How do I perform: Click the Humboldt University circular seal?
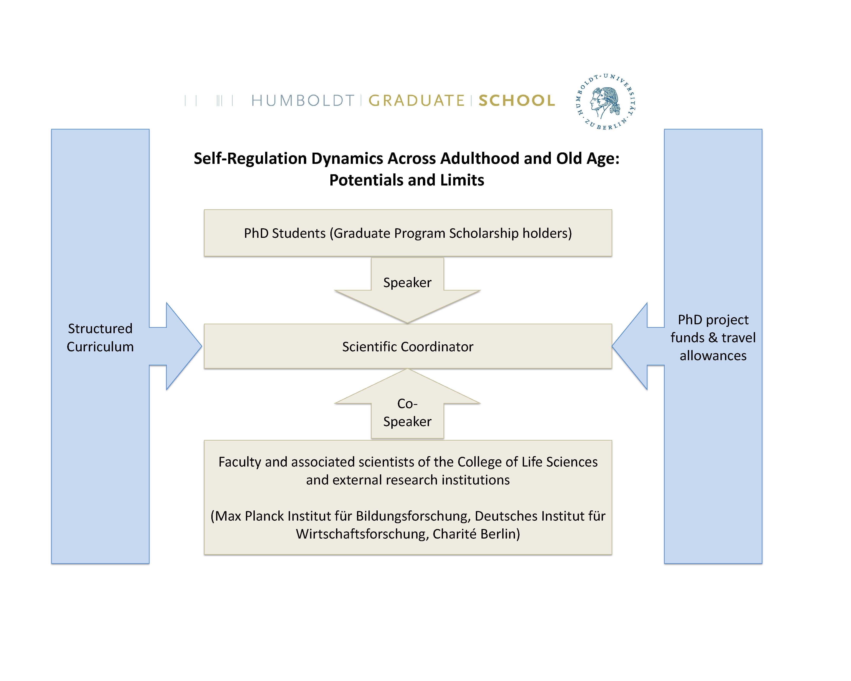(x=605, y=102)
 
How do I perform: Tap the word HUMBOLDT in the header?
(x=303, y=101)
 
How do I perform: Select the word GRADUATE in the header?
(x=416, y=101)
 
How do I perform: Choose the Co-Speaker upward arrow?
(x=407, y=407)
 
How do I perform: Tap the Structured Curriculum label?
(x=100, y=337)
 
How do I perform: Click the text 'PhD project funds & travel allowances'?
(x=713, y=337)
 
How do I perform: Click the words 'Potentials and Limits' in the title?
(x=406, y=180)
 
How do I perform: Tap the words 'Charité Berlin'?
(x=476, y=534)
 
